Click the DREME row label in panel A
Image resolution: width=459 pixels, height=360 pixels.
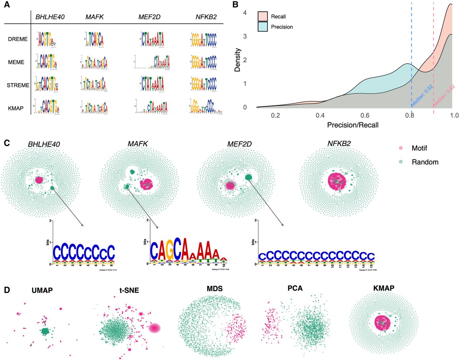18,39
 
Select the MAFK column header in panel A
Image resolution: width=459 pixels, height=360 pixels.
94,17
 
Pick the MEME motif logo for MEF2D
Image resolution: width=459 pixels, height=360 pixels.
152,62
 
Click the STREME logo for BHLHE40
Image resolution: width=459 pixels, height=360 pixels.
47,85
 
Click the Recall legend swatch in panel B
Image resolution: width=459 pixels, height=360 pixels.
262,17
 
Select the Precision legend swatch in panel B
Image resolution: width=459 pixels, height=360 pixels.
262,27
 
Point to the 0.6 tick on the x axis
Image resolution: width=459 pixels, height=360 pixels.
365,115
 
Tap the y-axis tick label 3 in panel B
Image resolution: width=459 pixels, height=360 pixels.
245,36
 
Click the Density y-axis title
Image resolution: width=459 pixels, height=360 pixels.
237,60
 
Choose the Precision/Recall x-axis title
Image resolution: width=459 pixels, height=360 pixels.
353,125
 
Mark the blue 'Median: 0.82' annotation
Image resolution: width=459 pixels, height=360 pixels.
422,96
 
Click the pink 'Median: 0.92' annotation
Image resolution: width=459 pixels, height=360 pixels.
444,95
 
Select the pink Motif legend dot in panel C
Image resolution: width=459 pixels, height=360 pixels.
401,148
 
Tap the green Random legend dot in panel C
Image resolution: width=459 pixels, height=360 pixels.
401,162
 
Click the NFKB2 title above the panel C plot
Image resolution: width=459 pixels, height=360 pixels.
339,144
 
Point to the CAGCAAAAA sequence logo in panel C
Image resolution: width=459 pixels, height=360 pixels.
188,250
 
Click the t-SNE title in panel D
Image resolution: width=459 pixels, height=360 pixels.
129,290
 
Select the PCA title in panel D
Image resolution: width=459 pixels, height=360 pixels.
295,288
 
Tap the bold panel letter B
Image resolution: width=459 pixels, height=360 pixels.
236,5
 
